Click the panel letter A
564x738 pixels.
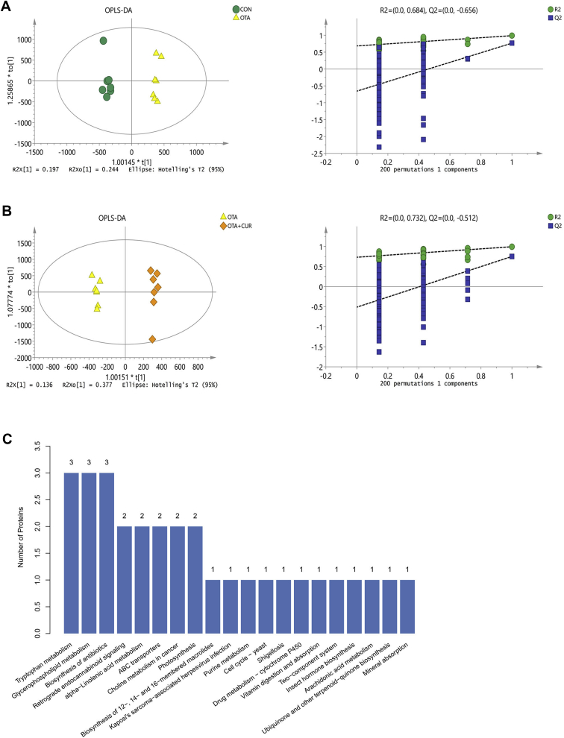[x=7, y=7]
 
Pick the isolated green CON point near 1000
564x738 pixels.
[x=104, y=40]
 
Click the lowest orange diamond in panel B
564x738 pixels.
[x=152, y=339]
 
